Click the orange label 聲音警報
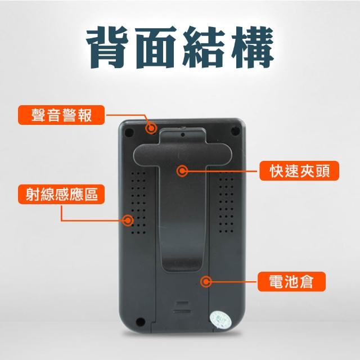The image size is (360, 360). [61, 115]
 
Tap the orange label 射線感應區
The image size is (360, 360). [61, 194]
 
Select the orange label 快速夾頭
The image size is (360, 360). [299, 170]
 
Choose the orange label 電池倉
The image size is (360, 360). [291, 281]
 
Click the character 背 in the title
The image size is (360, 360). [108, 47]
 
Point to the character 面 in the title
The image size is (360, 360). [155, 47]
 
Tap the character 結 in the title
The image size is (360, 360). [204, 47]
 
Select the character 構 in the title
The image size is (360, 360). [252, 47]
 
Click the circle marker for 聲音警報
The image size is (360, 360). [151, 128]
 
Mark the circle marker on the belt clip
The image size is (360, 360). [182, 170]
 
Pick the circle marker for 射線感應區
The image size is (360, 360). [128, 220]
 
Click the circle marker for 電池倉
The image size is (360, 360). [206, 281]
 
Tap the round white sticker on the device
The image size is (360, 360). [220, 319]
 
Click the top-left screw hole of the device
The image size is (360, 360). [129, 132]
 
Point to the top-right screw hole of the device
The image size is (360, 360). [235, 131]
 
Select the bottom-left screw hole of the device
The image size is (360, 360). [140, 322]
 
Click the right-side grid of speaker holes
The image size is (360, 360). [226, 202]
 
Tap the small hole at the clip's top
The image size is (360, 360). [183, 134]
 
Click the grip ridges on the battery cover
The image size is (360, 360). [182, 307]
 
